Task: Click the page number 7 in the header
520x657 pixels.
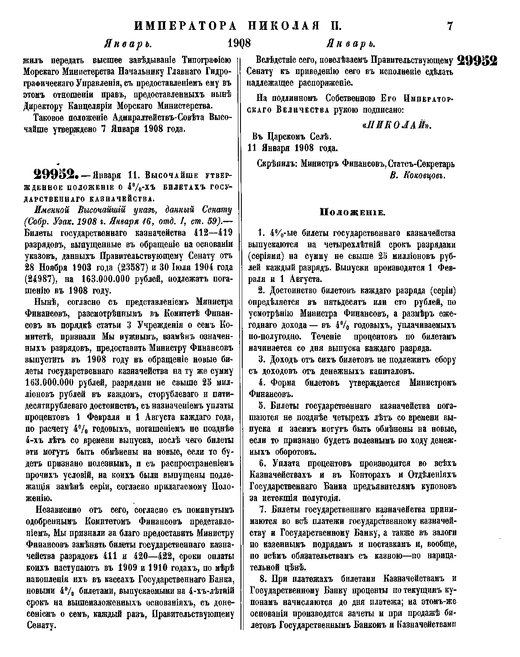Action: pos(449,26)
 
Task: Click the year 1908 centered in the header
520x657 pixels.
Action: pos(239,44)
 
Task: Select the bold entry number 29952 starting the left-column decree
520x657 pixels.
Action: pos(52,176)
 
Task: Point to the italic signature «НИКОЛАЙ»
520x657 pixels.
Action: pos(397,125)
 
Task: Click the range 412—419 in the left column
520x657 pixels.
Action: pos(209,233)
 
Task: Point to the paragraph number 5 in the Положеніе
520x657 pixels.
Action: pos(261,406)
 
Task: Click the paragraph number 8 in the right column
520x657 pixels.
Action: pos(261,579)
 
